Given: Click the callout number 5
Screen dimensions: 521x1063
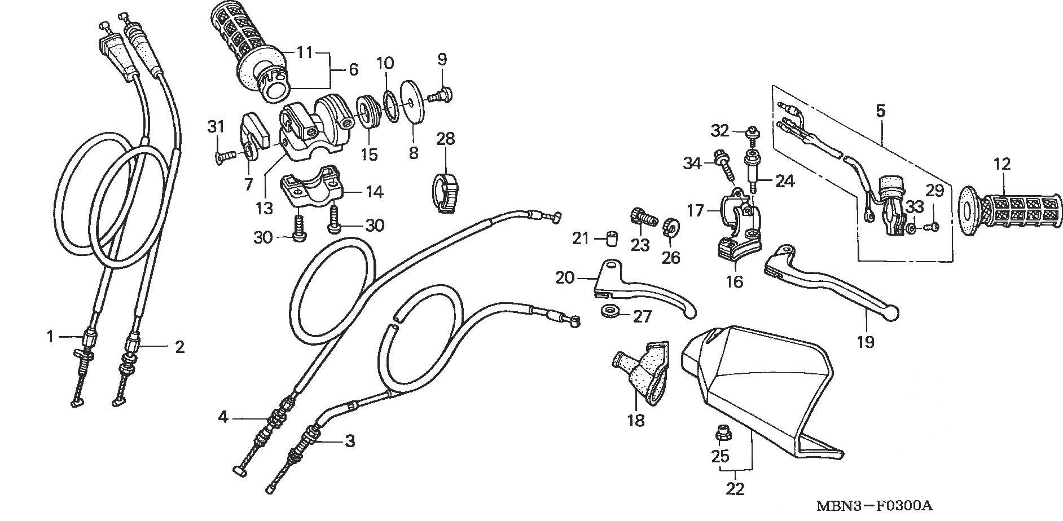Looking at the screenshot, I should coord(881,111).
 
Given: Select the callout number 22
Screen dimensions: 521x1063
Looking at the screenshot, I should coord(735,488).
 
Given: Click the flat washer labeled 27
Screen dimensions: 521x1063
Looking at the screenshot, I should coord(609,310).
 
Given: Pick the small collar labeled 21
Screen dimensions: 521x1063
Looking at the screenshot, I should coord(609,238).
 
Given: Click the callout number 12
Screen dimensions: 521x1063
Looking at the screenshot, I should coord(1002,165).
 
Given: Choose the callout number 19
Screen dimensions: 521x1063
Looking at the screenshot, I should coord(865,342).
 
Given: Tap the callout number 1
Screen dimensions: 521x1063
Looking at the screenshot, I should coord(50,337).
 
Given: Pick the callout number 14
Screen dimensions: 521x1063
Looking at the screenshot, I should coord(373,192).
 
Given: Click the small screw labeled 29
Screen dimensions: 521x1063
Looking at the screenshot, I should coord(932,227).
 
